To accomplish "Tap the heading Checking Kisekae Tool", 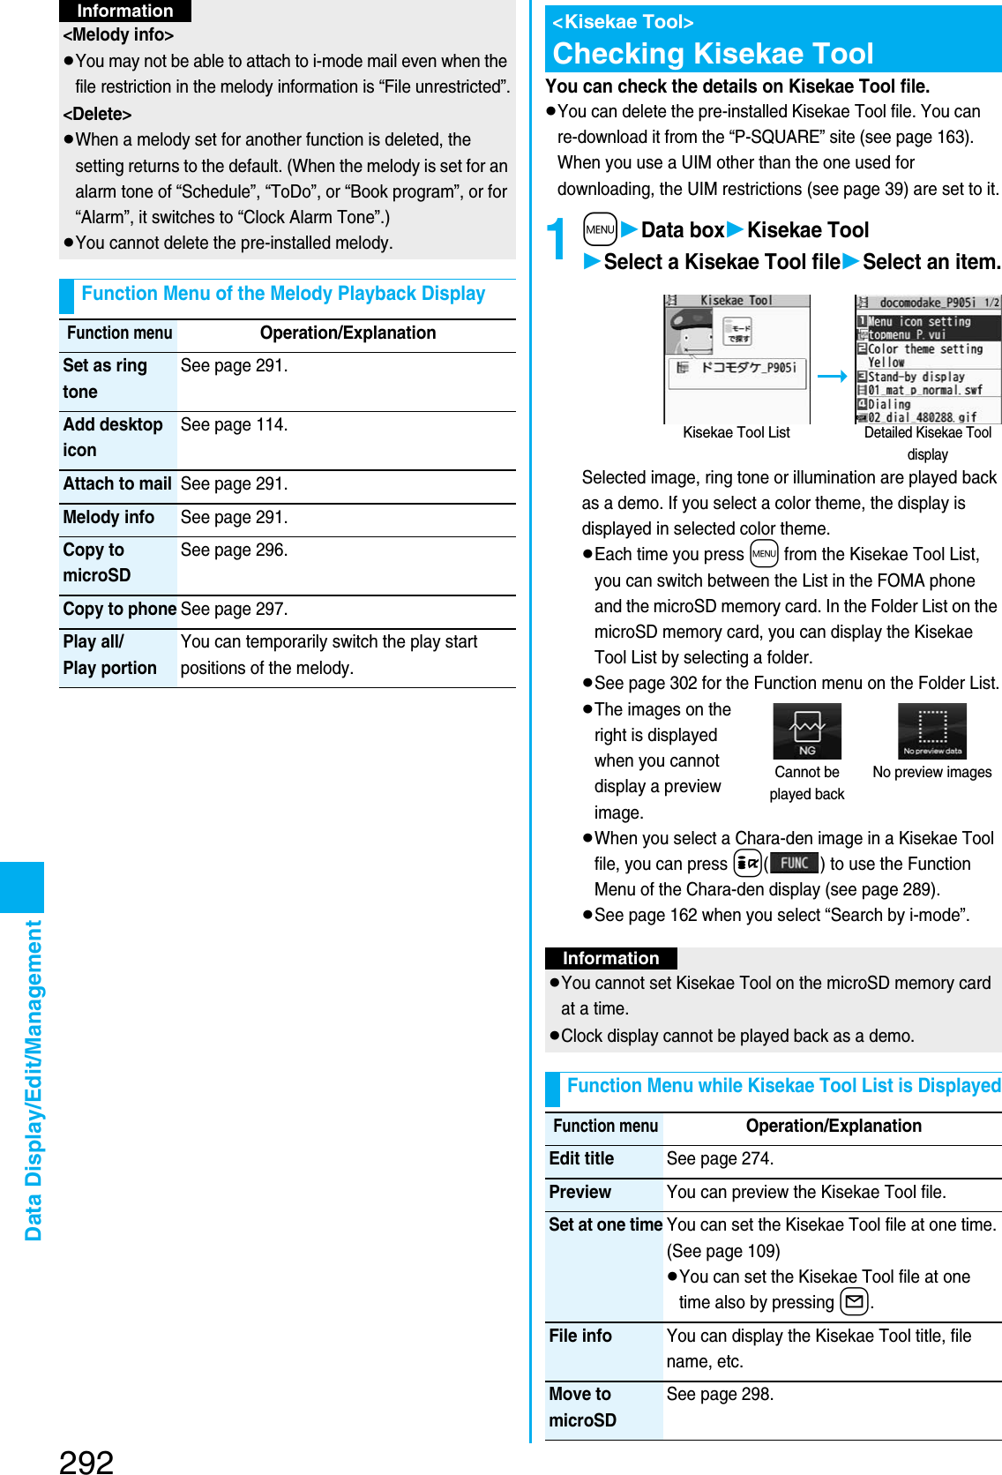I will pyautogui.click(x=713, y=54).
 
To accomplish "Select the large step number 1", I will pyautogui.click(x=557, y=240).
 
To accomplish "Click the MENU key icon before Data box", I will pyautogui.click(x=600, y=229).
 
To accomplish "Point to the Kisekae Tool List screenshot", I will pyautogui.click(x=737, y=359).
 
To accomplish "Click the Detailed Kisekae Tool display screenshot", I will pyautogui.click(x=927, y=359).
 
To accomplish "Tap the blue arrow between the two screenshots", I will pyautogui.click(x=832, y=376).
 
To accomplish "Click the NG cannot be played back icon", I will pyautogui.click(x=806, y=731).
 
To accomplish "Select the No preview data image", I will pyautogui.click(x=931, y=731).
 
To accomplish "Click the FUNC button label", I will pyautogui.click(x=794, y=863).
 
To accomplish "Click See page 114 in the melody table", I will pyautogui.click(x=234, y=424).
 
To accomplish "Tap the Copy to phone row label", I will pyautogui.click(x=119, y=609).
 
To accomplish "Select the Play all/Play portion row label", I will pyautogui.click(x=110, y=655).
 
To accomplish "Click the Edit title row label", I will pyautogui.click(x=581, y=1158).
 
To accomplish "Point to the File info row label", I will pyautogui.click(x=580, y=1336).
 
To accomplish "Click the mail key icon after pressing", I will pyautogui.click(x=854, y=1301).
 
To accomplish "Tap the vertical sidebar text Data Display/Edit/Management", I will pyautogui.click(x=34, y=1080).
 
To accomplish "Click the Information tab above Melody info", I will pyautogui.click(x=124, y=11).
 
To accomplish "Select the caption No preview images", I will pyautogui.click(x=931, y=772).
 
